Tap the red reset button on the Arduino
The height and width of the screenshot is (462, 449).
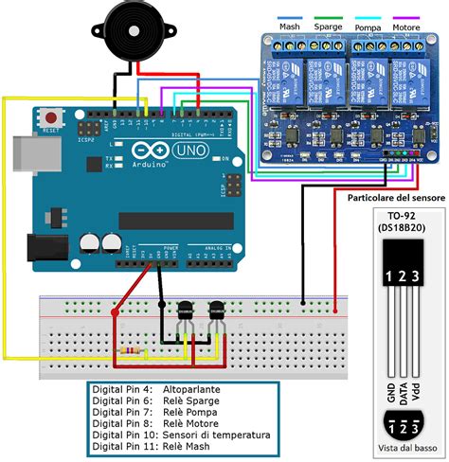[x=50, y=117]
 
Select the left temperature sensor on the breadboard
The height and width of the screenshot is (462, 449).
[x=185, y=308]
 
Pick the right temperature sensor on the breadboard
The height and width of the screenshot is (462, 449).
[x=217, y=308]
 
